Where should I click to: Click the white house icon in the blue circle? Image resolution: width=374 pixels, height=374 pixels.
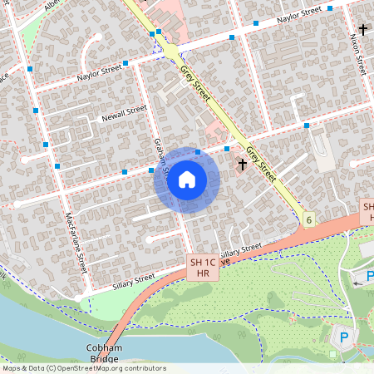[187, 180]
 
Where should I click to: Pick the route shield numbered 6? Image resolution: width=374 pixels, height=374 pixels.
[309, 219]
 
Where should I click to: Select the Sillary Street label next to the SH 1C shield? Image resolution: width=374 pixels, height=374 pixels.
[240, 250]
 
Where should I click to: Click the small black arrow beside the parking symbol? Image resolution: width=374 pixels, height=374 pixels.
[358, 283]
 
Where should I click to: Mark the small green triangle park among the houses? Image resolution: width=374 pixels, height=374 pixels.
[29, 33]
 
